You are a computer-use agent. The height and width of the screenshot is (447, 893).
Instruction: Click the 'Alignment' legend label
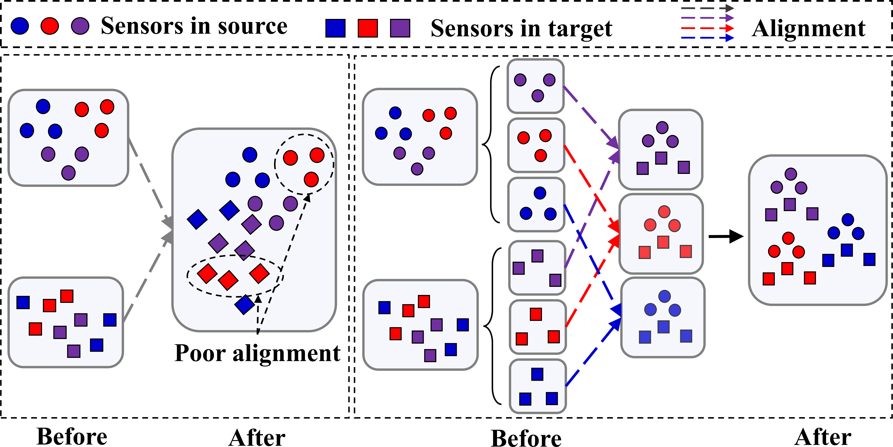coord(809,28)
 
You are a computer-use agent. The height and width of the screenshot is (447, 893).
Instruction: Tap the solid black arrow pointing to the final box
coord(726,236)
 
